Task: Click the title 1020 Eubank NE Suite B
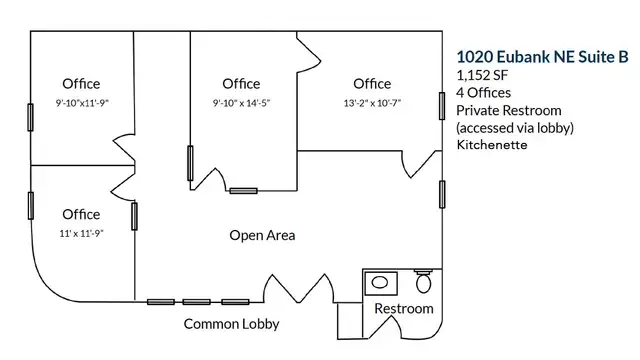(x=542, y=57)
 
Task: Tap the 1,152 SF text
(x=482, y=75)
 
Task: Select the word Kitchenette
(x=492, y=145)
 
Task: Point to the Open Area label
(x=262, y=235)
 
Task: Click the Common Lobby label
(x=231, y=324)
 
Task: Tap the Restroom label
(x=404, y=309)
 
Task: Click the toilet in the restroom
(x=423, y=281)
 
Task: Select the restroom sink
(x=381, y=283)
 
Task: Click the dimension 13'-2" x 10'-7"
(x=372, y=103)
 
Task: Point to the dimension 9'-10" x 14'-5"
(x=241, y=103)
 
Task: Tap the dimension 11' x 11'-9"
(x=81, y=233)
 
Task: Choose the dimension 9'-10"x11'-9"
(x=82, y=103)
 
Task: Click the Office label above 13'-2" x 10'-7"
(x=372, y=84)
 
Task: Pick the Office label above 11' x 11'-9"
(x=81, y=214)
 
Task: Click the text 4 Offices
(x=483, y=93)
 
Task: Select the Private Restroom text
(x=509, y=111)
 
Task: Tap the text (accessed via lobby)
(x=515, y=128)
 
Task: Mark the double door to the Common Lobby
(x=299, y=289)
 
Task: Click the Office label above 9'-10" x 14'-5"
(x=241, y=84)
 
